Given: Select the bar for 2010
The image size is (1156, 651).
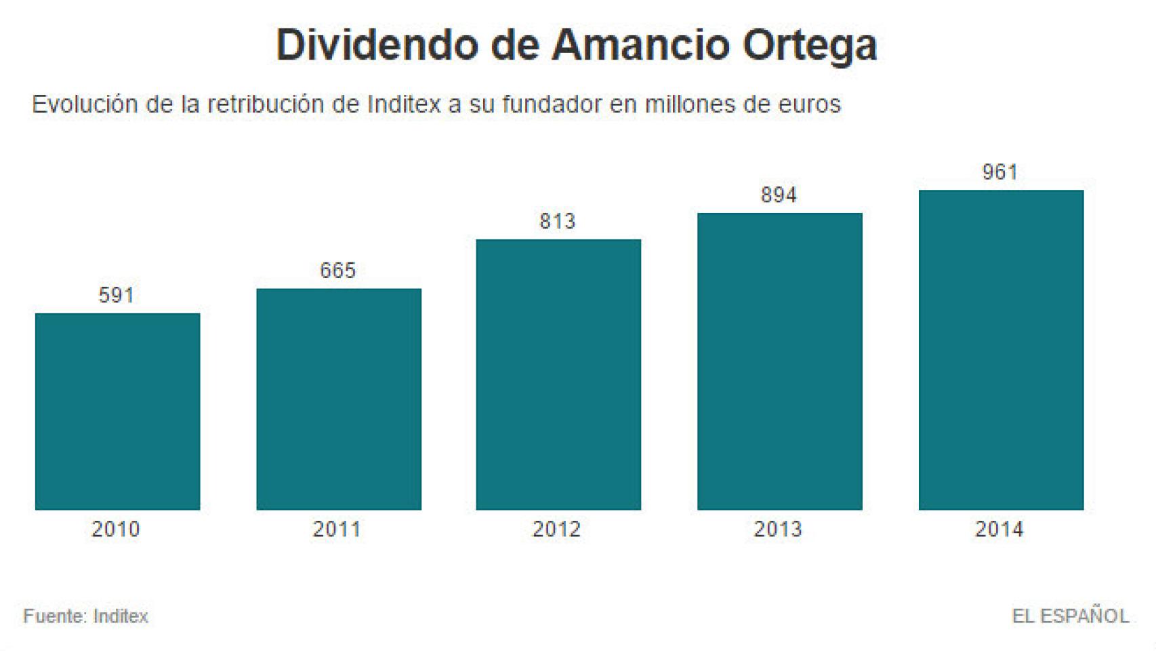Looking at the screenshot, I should coord(117,411).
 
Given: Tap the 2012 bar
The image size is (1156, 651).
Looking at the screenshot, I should coord(558,374).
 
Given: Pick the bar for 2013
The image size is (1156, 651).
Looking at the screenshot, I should coord(779,361).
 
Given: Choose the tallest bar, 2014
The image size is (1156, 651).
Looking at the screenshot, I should coord(1001,349).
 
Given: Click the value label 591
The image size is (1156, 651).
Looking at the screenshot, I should coord(117,296).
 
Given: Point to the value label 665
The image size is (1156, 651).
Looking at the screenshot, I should coord(337,271).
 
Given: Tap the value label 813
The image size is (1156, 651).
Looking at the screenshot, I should coord(557,222).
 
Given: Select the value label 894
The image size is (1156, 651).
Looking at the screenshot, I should coord(779,195).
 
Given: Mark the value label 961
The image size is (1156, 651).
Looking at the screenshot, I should coord(1000,172).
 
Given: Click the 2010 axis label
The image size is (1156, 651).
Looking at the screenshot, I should coord(116,529).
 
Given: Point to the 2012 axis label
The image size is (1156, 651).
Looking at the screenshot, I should coord(556,529).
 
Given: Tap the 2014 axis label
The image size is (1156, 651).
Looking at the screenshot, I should coord(999,529).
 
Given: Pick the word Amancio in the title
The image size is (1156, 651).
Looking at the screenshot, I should coord(640,45).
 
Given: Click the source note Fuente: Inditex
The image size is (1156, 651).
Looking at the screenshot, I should coord(86,616).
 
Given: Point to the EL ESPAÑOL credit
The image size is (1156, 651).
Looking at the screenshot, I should coord(1070,616).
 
